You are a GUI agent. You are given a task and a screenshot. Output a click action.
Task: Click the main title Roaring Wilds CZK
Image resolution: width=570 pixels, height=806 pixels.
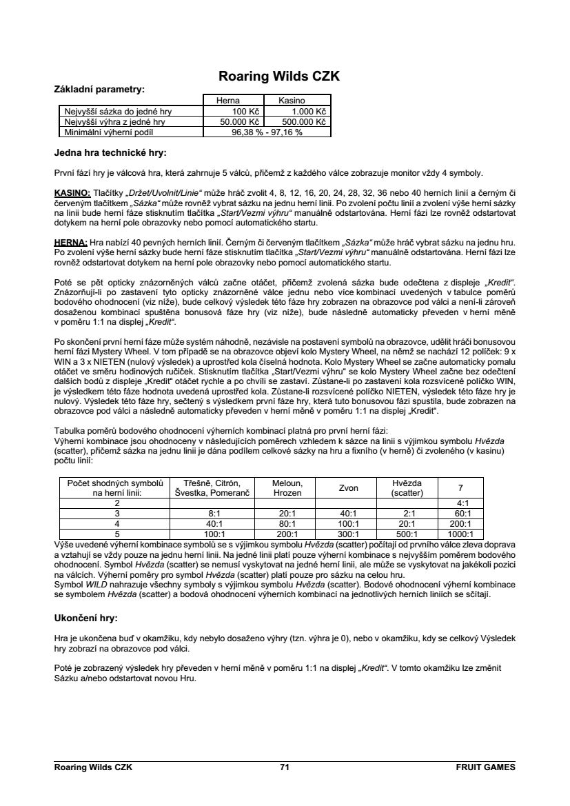pos(279,77)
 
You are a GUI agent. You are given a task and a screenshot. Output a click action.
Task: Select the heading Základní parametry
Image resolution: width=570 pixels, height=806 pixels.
pos(99,90)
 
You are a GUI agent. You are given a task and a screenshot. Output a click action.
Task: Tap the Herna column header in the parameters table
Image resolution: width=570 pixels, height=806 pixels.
pos(228,101)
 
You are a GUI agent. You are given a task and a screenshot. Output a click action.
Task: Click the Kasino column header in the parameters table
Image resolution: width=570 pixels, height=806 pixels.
pos(292,101)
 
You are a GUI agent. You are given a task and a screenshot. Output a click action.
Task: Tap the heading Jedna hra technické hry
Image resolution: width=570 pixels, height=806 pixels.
pos(110,152)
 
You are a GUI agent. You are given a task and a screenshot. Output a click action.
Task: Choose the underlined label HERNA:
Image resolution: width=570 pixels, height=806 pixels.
pos(70,243)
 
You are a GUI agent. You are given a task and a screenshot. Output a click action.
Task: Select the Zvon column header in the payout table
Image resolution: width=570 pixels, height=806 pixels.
pos(348,488)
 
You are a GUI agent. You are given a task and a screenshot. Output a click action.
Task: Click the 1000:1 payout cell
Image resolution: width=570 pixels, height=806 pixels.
pos(460,534)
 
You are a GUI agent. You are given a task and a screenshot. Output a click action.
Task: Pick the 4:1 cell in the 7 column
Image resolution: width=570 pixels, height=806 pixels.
pos(460,503)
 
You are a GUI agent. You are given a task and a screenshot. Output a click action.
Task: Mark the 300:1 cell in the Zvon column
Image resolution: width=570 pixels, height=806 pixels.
pos(348,534)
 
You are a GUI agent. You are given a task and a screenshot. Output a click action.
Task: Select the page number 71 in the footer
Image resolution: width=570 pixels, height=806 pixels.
pos(285,767)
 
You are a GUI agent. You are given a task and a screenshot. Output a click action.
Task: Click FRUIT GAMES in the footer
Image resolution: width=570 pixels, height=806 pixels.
pos(485,767)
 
